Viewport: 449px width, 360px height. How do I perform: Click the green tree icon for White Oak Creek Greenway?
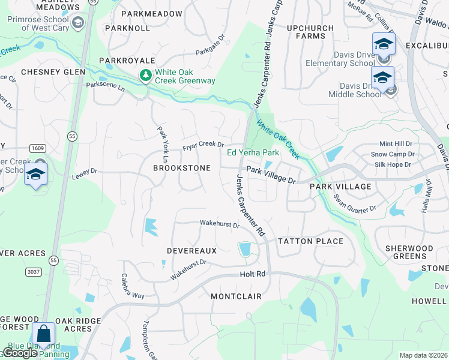145,76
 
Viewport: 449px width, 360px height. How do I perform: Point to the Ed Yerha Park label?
253,152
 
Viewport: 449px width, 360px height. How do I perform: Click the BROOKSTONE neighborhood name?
182,169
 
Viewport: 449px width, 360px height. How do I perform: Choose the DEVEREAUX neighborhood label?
191,250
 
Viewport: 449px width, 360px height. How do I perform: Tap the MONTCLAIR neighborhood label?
236,296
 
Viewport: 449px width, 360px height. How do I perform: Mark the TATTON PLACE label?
310,241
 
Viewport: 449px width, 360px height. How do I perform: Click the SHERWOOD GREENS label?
409,252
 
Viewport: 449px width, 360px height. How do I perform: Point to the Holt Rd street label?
253,274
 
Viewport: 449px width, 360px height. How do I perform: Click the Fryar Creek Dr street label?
203,146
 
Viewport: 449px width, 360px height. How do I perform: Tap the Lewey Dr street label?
85,172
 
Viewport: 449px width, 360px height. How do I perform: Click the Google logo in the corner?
20,353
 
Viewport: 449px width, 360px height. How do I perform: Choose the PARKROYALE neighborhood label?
127,61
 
